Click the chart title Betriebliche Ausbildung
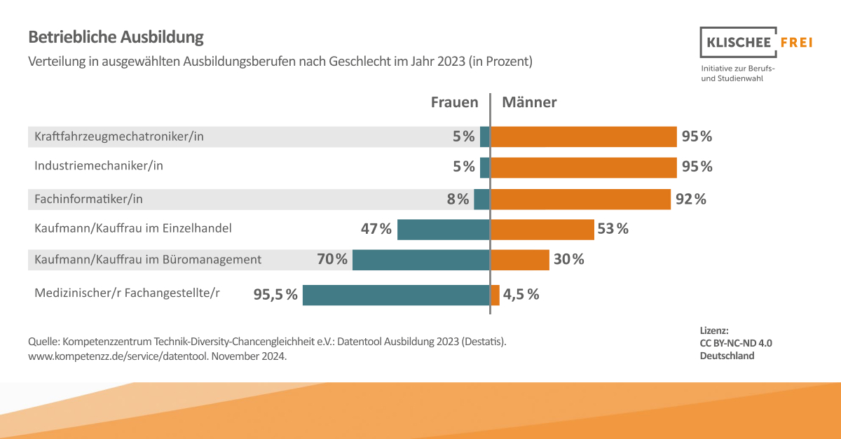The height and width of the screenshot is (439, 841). pyautogui.click(x=116, y=36)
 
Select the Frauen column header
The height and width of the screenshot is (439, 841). pyautogui.click(x=454, y=102)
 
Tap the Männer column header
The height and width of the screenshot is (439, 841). pyautogui.click(x=529, y=102)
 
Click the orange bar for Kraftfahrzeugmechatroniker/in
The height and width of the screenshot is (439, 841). pyautogui.click(x=583, y=137)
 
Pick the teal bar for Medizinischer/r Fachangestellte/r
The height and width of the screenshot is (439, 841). pyautogui.click(x=396, y=295)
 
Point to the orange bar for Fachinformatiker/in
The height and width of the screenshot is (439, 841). pyautogui.click(x=580, y=200)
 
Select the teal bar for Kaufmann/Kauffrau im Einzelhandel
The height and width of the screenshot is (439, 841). pyautogui.click(x=443, y=229)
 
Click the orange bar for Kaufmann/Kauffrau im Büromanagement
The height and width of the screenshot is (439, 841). pyautogui.click(x=519, y=260)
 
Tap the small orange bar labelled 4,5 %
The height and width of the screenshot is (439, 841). pyautogui.click(x=495, y=295)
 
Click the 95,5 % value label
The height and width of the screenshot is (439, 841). pyautogui.click(x=275, y=295)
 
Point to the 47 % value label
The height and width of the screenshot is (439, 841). pyautogui.click(x=376, y=229)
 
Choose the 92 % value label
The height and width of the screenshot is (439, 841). pyautogui.click(x=691, y=200)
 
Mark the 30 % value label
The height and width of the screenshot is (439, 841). pyautogui.click(x=569, y=260)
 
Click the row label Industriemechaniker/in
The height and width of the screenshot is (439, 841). pyautogui.click(x=99, y=167)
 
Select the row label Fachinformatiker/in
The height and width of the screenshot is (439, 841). pyautogui.click(x=88, y=200)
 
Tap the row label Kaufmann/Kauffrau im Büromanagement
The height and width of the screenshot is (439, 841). pyautogui.click(x=148, y=260)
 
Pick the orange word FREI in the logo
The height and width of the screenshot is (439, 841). pyautogui.click(x=796, y=43)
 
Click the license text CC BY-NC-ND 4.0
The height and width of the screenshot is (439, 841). pyautogui.click(x=736, y=343)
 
